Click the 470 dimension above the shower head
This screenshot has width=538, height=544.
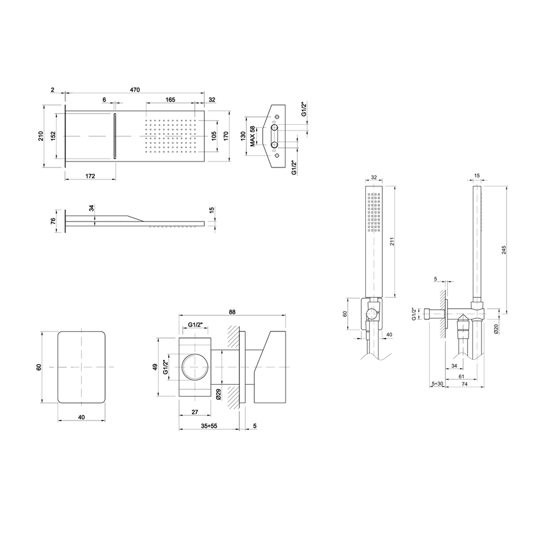135,90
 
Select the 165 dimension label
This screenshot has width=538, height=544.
170,100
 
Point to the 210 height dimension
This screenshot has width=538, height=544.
40,135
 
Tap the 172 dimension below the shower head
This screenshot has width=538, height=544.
90,176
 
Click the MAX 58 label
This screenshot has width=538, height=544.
252,135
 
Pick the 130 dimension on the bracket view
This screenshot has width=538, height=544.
243,136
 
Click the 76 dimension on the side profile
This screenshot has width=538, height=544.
53,221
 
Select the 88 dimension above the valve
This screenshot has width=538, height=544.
232,312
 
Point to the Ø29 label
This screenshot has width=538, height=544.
219,394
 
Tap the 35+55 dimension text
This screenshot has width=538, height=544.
208,425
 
